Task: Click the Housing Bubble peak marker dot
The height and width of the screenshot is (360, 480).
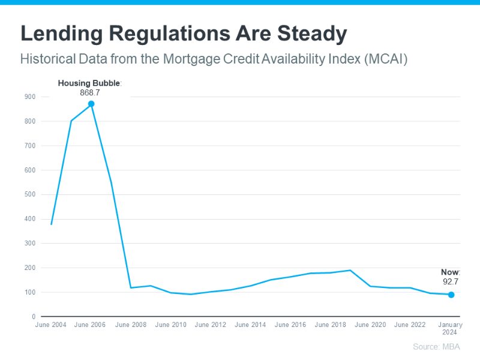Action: point(91,104)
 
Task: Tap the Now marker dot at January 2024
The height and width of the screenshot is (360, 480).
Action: point(451,295)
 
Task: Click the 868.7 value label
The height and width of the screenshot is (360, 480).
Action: point(90,93)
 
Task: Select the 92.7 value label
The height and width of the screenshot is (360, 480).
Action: point(450,281)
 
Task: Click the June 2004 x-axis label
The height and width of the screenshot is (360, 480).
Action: point(50,325)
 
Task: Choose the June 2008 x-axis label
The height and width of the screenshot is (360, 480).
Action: point(130,325)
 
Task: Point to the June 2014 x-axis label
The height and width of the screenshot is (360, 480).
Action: point(250,325)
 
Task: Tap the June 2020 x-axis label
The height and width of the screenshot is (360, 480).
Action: point(370,325)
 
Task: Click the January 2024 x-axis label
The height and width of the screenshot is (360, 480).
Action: point(451,328)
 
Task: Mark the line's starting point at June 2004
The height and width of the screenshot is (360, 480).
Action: point(51,224)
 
